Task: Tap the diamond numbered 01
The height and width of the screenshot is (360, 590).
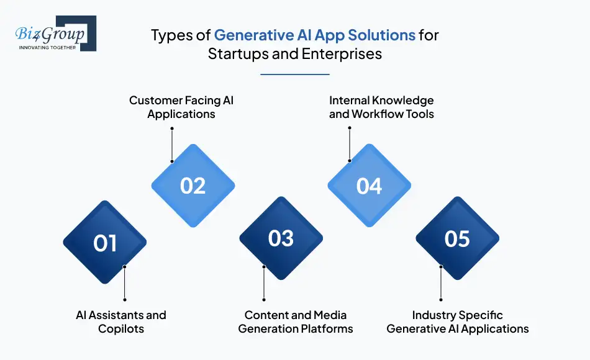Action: (105, 242)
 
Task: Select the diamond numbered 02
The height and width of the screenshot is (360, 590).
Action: (193, 186)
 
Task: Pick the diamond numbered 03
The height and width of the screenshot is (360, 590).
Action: (281, 238)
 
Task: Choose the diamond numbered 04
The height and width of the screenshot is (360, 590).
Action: (369, 186)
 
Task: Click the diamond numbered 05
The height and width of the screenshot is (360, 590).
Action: (457, 238)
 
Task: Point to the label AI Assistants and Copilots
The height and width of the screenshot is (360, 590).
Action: (121, 322)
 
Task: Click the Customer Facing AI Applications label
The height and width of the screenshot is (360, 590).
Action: (181, 107)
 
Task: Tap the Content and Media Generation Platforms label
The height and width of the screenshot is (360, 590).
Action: (296, 322)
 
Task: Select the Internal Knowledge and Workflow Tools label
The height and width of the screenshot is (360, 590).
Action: (381, 107)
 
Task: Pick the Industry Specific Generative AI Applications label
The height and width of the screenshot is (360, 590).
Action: (458, 322)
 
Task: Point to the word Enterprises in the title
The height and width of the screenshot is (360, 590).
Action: (342, 53)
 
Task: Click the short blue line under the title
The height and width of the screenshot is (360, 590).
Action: (295, 74)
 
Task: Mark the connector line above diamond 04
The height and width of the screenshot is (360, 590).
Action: (350, 144)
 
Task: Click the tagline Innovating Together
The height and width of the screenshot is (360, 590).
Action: (48, 47)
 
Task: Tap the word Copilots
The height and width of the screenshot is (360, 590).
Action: (121, 328)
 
